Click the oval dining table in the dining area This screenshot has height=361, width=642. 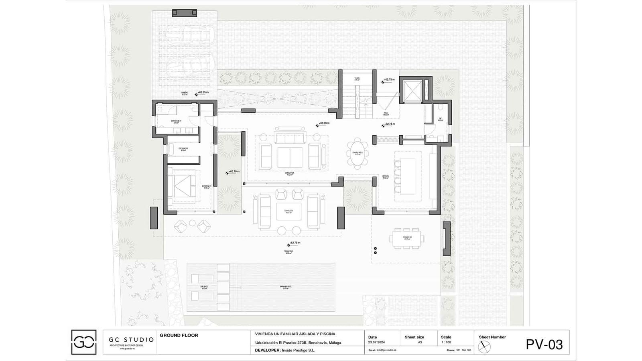point(357,152)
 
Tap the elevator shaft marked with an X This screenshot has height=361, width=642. point(412,91)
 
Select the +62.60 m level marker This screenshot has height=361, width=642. point(323,124)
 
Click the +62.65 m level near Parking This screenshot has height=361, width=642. point(203,93)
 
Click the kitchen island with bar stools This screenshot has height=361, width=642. point(407,176)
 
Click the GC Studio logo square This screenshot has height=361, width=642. point(83,342)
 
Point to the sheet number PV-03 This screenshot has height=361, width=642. point(544,345)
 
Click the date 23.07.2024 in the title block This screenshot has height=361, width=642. point(376,343)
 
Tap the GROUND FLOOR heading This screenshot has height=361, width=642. point(179,335)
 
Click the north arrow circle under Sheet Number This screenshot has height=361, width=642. point(484,347)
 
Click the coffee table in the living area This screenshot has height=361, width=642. point(290,157)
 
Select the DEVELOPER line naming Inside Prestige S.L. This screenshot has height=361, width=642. point(285,350)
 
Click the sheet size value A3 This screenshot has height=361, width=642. point(420,343)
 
